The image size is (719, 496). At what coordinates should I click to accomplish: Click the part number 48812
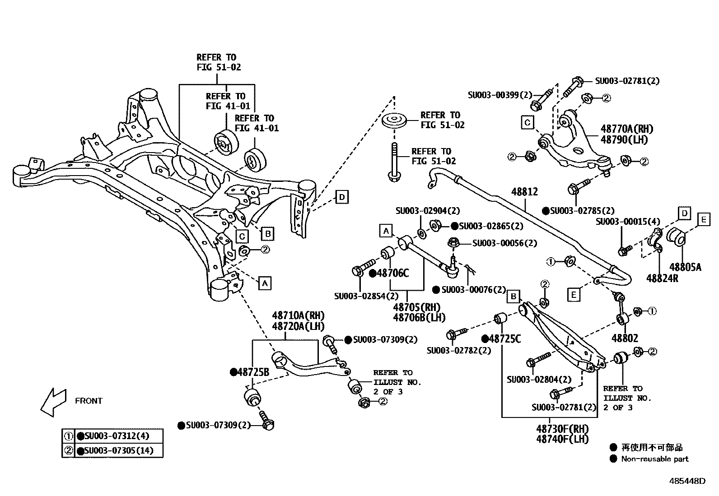524,192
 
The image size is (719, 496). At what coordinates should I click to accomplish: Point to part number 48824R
662,278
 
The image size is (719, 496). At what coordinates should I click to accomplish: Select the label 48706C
392,273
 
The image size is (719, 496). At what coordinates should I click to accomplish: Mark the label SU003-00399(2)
500,95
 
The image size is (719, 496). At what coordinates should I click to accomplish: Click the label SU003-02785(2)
582,211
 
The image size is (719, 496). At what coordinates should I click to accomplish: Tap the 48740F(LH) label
562,439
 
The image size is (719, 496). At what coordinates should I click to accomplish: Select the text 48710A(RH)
298,315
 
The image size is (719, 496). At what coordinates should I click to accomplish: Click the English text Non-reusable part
654,459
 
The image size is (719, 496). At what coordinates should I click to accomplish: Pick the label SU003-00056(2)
504,243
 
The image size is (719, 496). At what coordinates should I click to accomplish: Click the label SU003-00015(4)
627,222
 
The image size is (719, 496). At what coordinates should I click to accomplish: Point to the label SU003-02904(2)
427,210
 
